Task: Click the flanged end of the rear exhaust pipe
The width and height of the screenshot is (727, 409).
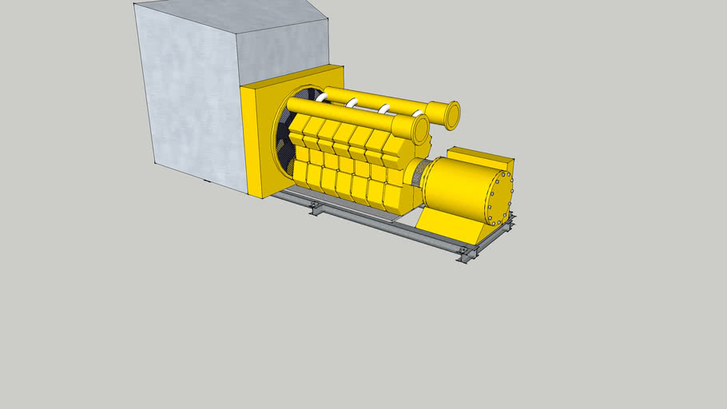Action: coord(451,115)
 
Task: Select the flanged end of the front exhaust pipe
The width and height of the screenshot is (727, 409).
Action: coord(420,129)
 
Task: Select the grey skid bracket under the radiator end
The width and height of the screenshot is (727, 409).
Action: coord(316,208)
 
